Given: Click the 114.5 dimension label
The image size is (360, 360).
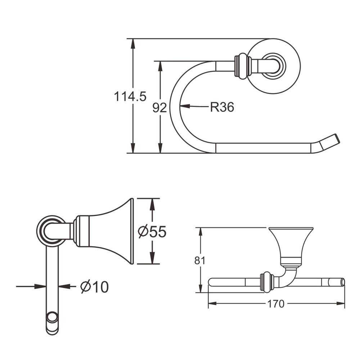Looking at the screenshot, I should pos(130,96).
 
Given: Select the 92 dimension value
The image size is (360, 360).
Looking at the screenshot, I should pos(159,108).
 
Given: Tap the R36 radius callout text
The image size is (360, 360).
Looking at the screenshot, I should pos(222,107).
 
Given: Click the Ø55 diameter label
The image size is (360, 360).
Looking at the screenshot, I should pos(152,232).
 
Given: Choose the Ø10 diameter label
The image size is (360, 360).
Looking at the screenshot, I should pos(94,287).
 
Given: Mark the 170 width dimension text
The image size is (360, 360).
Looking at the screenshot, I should pos(276,304).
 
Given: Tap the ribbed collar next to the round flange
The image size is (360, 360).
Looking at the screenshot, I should pos(242,66).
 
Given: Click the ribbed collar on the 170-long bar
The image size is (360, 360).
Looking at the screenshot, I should pos(265,282).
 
